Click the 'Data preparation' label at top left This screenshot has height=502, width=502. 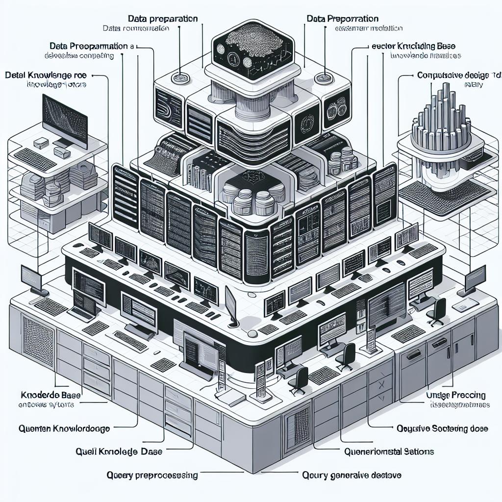(163, 19)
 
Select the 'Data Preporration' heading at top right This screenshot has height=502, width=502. (343, 19)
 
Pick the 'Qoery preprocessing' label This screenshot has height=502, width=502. (152, 475)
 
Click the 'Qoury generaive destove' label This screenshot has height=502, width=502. (352, 475)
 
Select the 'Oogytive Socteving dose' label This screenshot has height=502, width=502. (441, 428)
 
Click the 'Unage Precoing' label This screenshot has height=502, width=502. (456, 395)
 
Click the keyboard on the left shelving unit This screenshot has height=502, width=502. (36, 158)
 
